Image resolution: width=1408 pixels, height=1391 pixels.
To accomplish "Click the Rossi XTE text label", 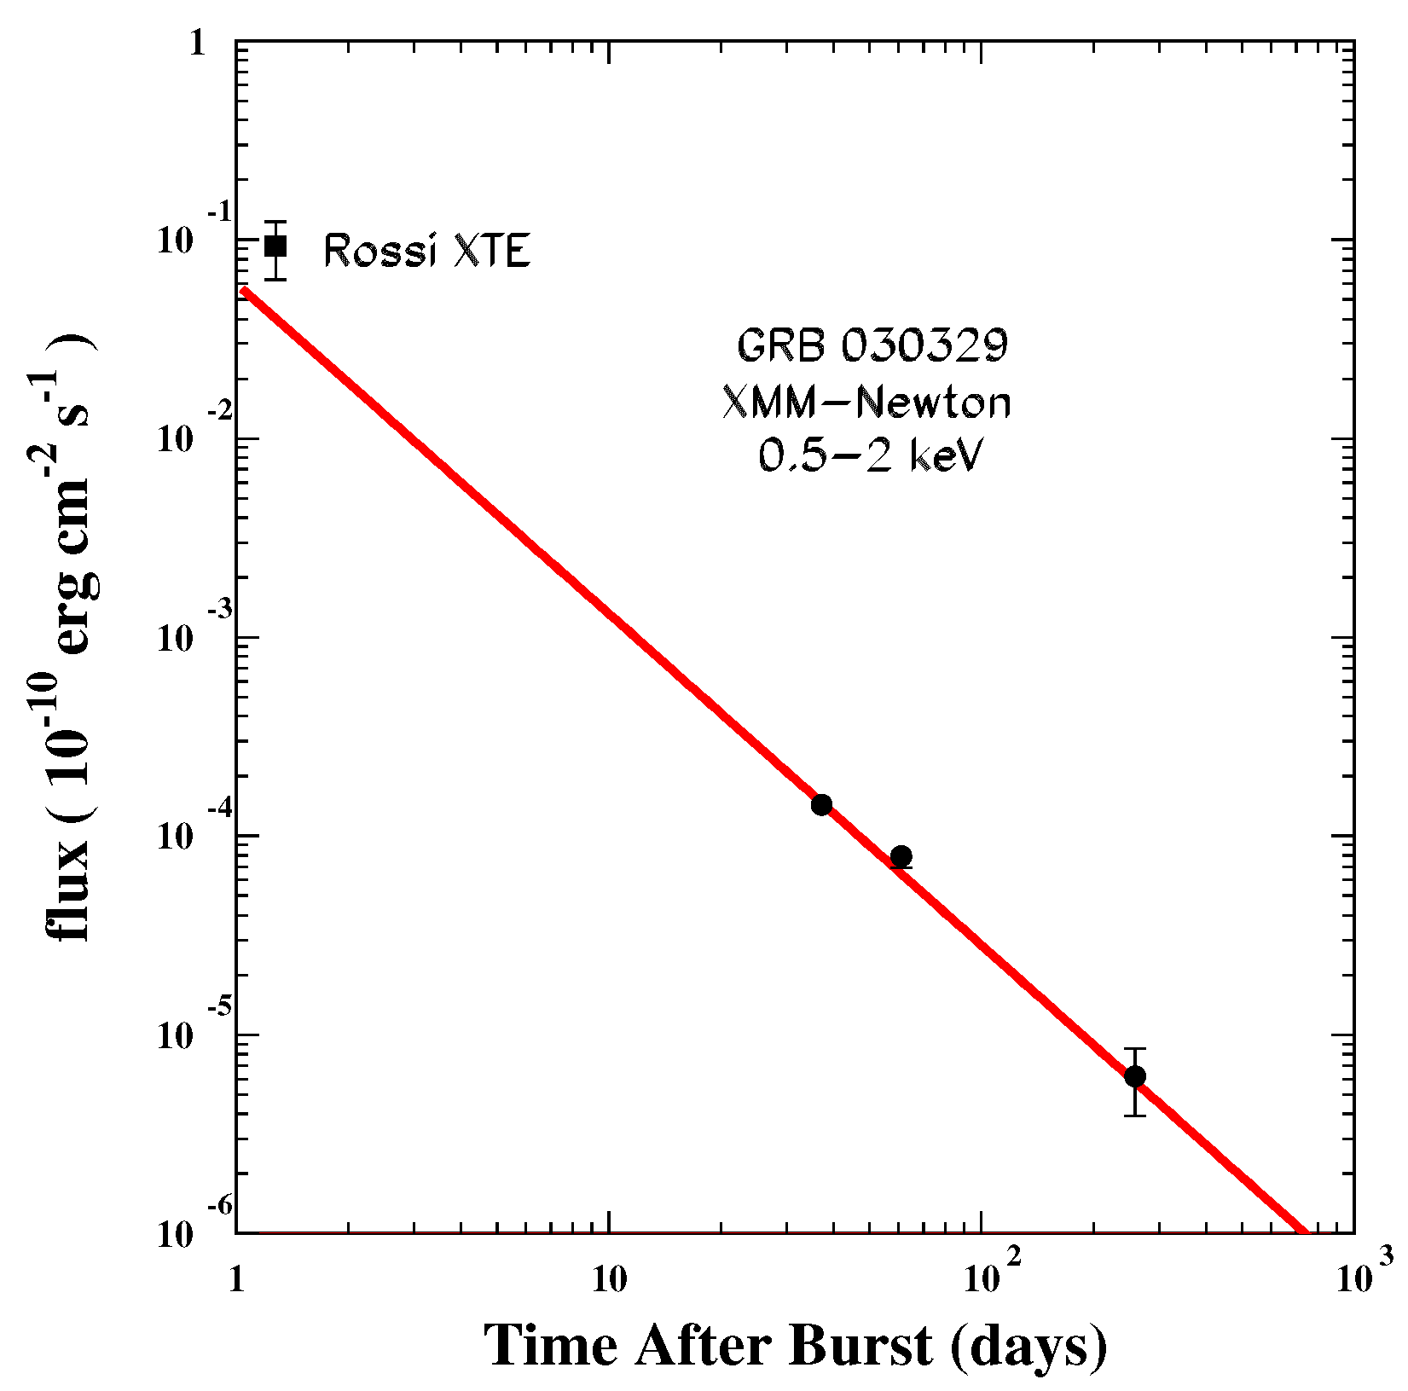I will [427, 252].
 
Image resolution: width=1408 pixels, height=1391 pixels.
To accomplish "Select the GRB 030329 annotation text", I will [872, 346].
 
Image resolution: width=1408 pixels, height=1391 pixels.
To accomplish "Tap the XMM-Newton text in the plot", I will [866, 403].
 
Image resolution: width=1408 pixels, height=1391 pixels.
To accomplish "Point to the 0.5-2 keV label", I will [871, 458].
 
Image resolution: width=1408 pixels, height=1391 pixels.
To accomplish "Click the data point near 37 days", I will [821, 804].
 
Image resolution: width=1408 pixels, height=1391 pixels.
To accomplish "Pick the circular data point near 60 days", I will [901, 855].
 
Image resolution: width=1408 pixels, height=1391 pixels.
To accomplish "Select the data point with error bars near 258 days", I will [1134, 1076].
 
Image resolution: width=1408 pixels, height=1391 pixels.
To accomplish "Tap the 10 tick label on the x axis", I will [608, 1280].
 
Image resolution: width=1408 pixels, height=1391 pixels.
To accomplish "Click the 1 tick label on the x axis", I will [236, 1282].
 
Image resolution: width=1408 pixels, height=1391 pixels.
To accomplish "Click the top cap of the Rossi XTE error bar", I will [275, 222].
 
